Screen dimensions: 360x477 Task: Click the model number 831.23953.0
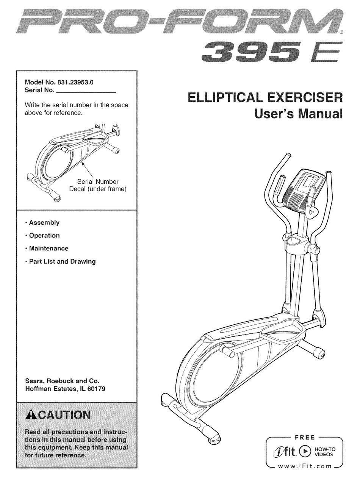(x=75, y=82)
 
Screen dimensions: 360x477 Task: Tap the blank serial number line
(x=86, y=92)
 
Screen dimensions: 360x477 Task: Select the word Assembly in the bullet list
(x=44, y=223)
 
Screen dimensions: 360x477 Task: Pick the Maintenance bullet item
(x=49, y=249)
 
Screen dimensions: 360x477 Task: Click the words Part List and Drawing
(x=63, y=261)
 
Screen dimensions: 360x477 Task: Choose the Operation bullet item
(x=44, y=236)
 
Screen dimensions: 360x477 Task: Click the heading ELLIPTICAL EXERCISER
(x=265, y=98)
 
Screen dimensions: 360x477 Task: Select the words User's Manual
(x=298, y=114)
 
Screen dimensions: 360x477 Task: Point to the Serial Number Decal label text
(x=98, y=185)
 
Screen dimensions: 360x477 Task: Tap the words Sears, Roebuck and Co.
(x=63, y=381)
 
